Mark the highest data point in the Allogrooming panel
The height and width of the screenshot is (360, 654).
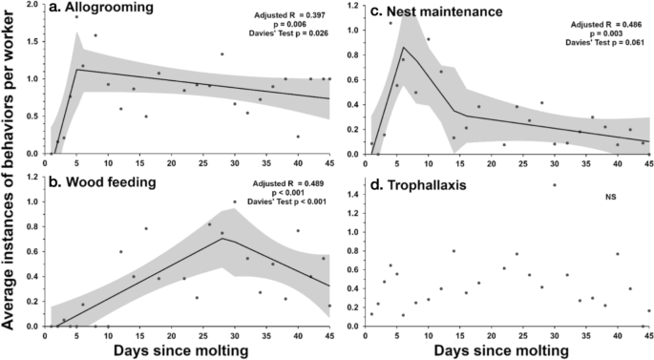pos(76,17)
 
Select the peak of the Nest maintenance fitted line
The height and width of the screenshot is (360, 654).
pos(403,48)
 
